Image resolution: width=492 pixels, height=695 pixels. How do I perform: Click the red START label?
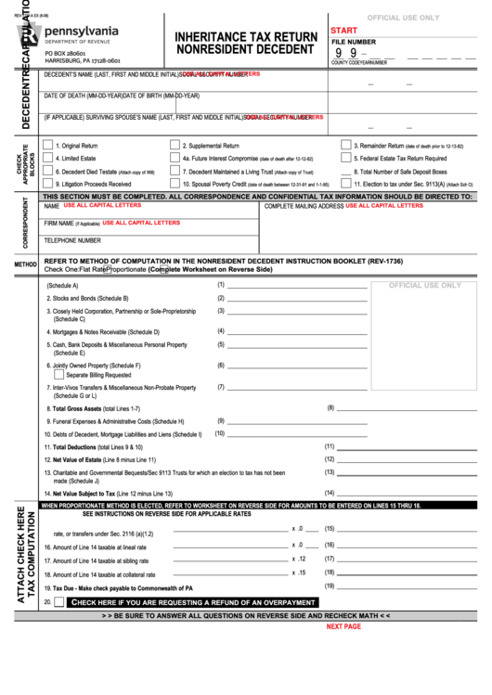[344, 31]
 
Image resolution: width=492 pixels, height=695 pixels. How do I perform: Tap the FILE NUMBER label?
[355, 43]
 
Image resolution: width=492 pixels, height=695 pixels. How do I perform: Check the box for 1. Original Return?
[47, 146]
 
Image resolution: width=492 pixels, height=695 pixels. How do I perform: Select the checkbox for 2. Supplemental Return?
[175, 146]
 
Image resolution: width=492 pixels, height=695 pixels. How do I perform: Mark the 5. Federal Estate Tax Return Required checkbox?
[344, 159]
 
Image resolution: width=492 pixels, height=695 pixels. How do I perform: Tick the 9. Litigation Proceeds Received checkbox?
[47, 185]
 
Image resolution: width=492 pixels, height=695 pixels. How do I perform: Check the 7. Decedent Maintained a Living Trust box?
[175, 172]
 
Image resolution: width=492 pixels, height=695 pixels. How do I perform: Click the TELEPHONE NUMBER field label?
[72, 240]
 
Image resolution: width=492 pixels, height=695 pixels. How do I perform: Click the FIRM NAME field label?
[58, 224]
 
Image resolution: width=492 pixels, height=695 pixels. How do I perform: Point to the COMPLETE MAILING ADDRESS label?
[304, 206]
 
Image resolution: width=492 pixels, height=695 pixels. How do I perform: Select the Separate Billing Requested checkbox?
[58, 375]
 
